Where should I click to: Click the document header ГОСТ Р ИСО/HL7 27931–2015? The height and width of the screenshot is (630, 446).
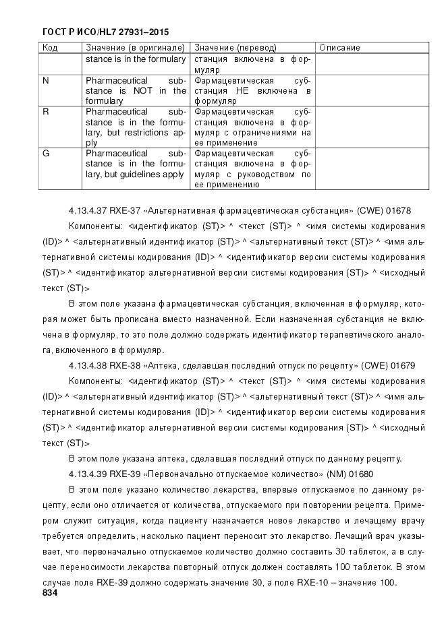[105, 32]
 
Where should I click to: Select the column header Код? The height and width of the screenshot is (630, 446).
[50, 48]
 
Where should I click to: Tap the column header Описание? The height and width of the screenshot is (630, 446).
[339, 48]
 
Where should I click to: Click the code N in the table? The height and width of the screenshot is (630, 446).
[45, 80]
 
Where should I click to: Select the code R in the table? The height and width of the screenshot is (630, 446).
[45, 112]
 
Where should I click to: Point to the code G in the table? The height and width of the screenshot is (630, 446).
[46, 154]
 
